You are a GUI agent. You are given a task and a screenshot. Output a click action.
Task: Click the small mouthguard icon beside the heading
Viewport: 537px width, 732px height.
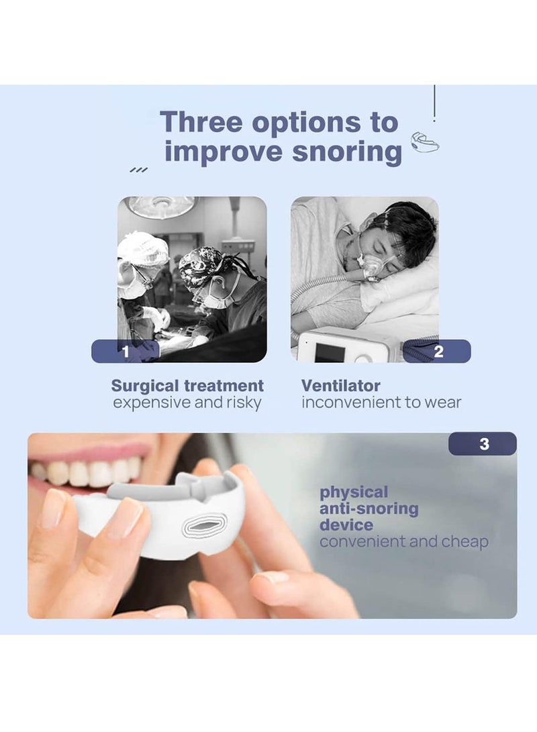tap(424, 142)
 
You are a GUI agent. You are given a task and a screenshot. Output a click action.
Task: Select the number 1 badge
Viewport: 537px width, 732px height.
tap(126, 351)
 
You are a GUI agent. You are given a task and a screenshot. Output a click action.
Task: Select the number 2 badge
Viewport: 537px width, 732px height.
tap(438, 351)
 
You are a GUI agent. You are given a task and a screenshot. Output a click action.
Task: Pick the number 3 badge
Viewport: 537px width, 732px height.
tap(483, 444)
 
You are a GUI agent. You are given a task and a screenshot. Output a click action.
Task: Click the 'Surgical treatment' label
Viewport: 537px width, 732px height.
tap(187, 386)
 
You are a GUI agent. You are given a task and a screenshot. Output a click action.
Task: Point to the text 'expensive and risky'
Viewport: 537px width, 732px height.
tap(187, 403)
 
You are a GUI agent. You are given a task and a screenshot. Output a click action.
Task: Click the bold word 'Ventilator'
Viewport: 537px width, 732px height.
tap(340, 386)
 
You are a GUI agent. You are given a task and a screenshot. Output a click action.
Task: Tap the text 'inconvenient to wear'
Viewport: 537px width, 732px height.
tap(381, 403)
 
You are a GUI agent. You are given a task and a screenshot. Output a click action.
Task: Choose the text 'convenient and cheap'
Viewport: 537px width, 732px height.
tap(403, 541)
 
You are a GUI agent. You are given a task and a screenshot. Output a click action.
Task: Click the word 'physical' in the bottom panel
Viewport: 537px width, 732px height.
tap(354, 492)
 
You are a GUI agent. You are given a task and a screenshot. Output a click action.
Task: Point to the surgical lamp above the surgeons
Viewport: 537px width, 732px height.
tap(161, 206)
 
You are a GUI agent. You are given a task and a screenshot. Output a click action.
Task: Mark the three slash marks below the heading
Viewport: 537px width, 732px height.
tap(138, 170)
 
